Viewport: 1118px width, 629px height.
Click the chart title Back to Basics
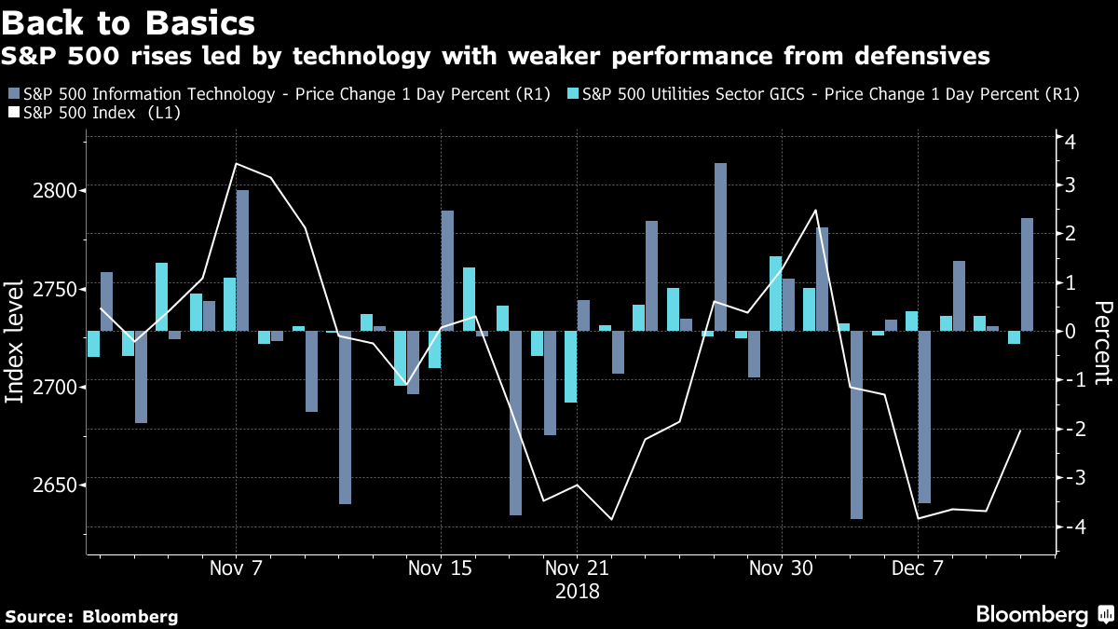coord(129,22)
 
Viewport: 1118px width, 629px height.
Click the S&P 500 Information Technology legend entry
coord(279,94)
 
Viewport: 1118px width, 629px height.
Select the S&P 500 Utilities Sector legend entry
coord(824,94)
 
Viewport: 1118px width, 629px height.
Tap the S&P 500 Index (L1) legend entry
coord(94,113)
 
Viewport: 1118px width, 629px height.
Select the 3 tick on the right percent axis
coord(1070,185)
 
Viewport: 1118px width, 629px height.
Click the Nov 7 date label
coord(236,568)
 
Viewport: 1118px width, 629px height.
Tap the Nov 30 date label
coord(781,568)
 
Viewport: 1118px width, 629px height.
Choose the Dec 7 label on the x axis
coord(918,568)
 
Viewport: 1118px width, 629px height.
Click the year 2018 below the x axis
coord(578,592)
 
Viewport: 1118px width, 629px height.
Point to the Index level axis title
coord(14,342)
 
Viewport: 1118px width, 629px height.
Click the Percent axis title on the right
coord(1103,343)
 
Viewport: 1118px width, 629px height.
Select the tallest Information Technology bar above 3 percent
coord(721,247)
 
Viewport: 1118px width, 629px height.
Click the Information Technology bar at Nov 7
coord(242,261)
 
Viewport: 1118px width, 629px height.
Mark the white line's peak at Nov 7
coord(236,164)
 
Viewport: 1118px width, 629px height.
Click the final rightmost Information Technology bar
coord(1027,275)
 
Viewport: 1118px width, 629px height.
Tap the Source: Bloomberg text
coord(91,617)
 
